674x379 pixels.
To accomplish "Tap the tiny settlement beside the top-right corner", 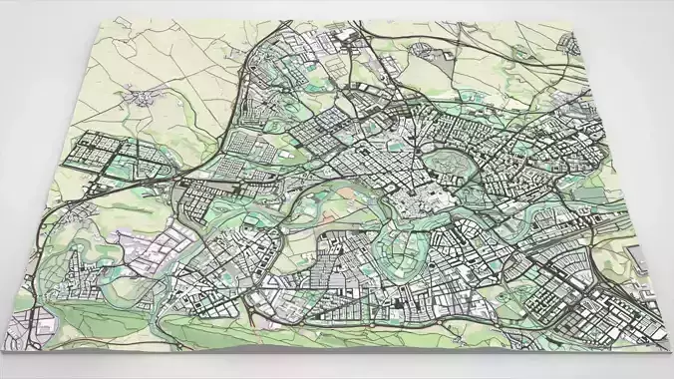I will [x=568, y=42].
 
